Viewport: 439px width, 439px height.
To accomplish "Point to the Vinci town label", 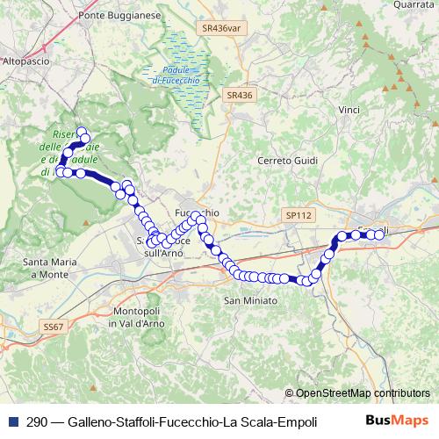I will tap(349, 110).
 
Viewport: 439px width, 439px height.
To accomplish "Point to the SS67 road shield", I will tap(54, 326).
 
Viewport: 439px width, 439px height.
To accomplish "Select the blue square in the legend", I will tap(11, 421).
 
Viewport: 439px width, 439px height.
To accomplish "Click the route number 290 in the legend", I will tap(36, 421).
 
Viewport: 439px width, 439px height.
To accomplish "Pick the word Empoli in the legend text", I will tap(295, 421).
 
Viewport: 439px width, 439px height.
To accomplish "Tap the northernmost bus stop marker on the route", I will tap(83, 133).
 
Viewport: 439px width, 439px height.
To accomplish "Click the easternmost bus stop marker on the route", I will tap(380, 234).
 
